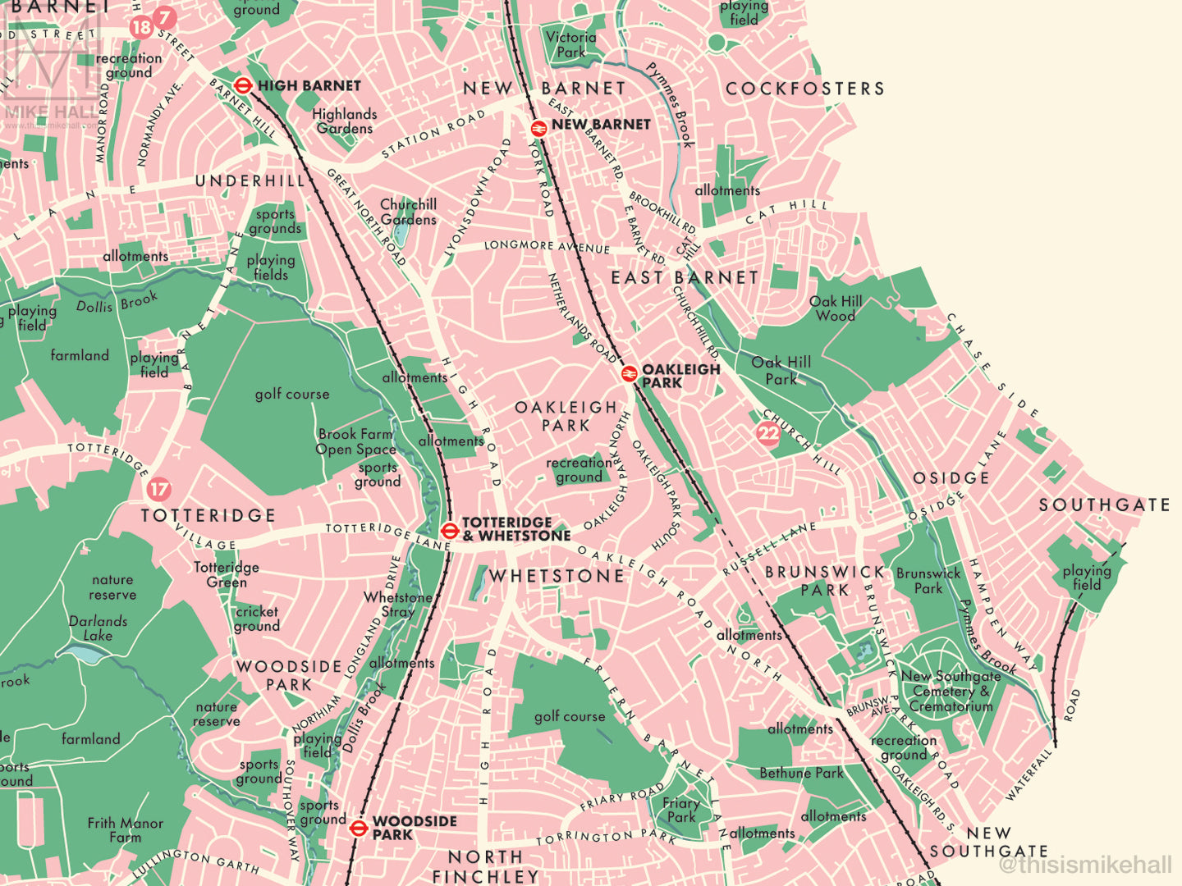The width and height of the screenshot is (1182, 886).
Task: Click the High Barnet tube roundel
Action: pyautogui.click(x=242, y=85)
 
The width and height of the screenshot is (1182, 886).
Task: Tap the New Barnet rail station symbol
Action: pyautogui.click(x=538, y=126)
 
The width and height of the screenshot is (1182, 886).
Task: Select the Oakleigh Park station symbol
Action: pyautogui.click(x=629, y=374)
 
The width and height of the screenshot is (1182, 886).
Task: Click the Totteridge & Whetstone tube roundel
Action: pyautogui.click(x=448, y=530)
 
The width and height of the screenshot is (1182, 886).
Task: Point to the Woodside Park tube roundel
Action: pyautogui.click(x=358, y=828)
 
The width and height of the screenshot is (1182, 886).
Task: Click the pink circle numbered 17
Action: pyautogui.click(x=158, y=490)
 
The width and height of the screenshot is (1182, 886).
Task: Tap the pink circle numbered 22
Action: pyautogui.click(x=768, y=434)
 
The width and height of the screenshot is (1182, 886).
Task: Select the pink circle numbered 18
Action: pyautogui.click(x=141, y=28)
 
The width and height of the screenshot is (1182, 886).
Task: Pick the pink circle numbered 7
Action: pyautogui.click(x=165, y=17)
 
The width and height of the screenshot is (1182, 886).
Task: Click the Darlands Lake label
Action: pyautogui.click(x=98, y=628)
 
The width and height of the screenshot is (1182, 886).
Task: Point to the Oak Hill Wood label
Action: pyautogui.click(x=836, y=308)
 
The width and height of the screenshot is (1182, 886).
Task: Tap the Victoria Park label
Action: pyautogui.click(x=570, y=44)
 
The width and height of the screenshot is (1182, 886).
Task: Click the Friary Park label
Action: pyautogui.click(x=681, y=811)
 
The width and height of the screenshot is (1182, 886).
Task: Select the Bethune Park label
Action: pyautogui.click(x=801, y=773)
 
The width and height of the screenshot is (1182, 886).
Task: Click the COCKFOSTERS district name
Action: pyautogui.click(x=804, y=89)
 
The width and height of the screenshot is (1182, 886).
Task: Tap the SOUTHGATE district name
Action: pyautogui.click(x=1104, y=505)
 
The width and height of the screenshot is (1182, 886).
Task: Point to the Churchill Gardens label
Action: pyautogui.click(x=408, y=212)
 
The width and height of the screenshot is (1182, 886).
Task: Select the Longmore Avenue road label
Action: pyautogui.click(x=547, y=246)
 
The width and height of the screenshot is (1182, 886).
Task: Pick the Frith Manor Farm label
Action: pyautogui.click(x=125, y=830)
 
